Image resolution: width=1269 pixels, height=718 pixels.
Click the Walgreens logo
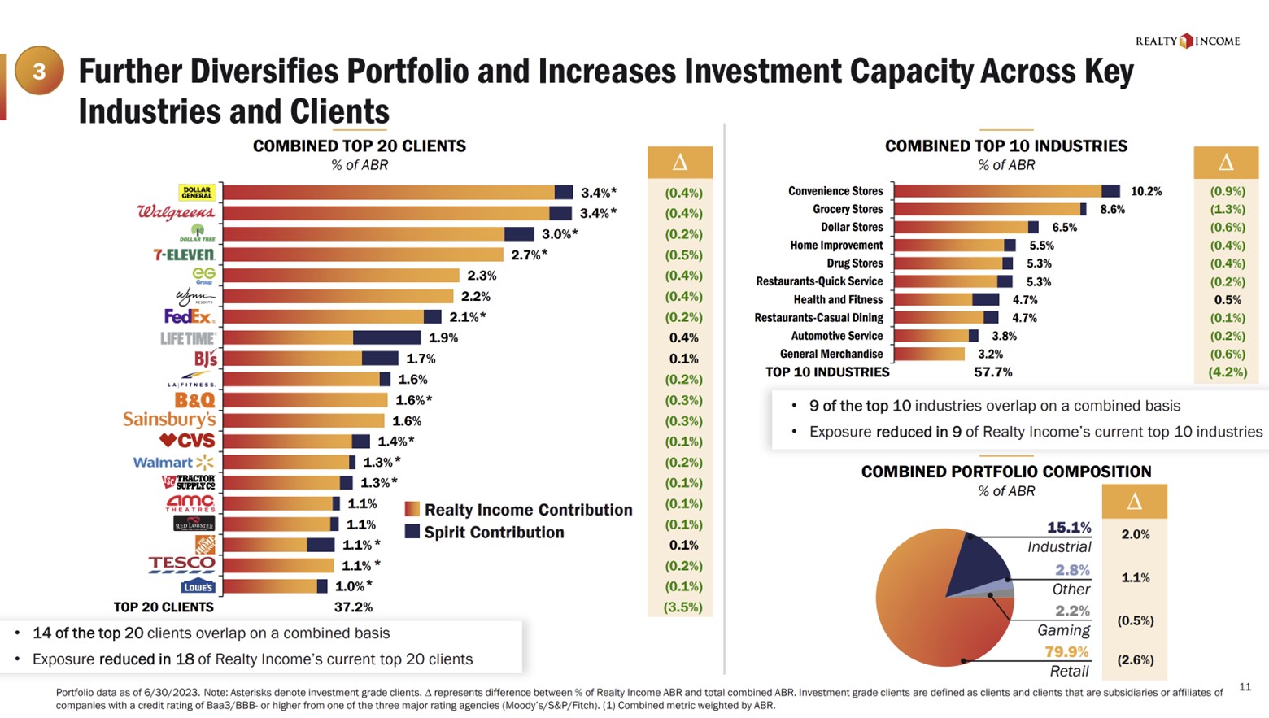coord(177,213)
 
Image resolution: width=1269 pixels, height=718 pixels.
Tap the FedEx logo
coord(189,316)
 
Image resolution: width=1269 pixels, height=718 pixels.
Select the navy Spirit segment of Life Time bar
coord(386,337)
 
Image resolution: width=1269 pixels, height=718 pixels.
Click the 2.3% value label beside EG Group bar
coord(482,276)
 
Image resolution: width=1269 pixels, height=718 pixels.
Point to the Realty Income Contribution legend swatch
coord(412,510)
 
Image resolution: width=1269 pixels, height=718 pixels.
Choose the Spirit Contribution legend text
coord(494,533)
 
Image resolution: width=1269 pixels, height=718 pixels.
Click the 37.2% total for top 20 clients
coord(353,607)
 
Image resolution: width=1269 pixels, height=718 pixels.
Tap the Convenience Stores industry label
coord(835,191)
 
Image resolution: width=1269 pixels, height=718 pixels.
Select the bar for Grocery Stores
coord(989,209)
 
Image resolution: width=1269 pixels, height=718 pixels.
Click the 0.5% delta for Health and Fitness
coord(1228,300)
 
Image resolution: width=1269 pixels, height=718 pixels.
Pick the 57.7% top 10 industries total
coord(993,372)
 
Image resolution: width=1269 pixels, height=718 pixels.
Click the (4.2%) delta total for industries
coord(1228,372)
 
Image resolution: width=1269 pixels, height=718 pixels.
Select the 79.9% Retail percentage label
coord(1066,652)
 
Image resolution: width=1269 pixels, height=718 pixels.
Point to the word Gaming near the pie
coord(1063,630)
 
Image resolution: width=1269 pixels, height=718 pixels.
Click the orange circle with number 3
coord(38,72)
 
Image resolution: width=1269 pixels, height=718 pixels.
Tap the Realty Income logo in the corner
coord(1188,41)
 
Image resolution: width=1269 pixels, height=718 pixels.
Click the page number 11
coord(1245,687)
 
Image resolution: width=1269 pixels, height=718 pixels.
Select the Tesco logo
coord(181,564)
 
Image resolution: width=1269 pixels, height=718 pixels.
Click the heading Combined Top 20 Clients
coord(359,146)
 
